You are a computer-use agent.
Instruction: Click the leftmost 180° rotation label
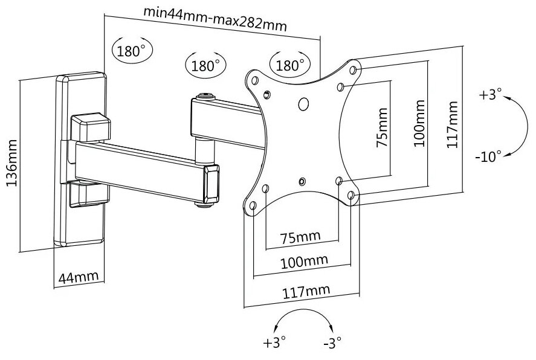(x=131, y=51)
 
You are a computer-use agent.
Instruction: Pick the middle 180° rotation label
(x=206, y=65)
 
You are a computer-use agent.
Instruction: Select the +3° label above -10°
(x=490, y=95)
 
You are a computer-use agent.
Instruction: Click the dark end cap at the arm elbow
(x=212, y=185)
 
